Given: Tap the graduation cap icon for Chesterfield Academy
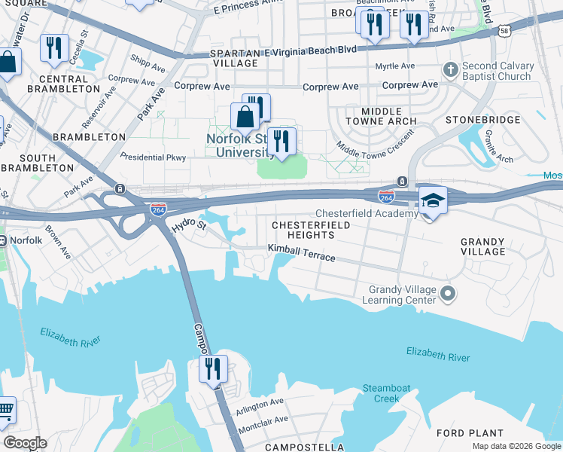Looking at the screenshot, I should tap(433, 200).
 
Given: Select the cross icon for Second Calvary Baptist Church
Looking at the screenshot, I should tap(450, 70).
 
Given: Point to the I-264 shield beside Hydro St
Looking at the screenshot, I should tap(158, 208).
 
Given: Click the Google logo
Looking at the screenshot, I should tap(25, 443).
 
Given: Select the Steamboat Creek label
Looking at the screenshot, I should tap(387, 392).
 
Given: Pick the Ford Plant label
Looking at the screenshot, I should tap(470, 433).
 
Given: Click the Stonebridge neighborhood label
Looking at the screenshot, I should tap(482, 120).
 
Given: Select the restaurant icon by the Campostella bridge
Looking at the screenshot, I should tap(213, 368).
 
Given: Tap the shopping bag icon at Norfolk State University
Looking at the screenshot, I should tap(245, 118).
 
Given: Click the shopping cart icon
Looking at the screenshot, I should tap(5, 411).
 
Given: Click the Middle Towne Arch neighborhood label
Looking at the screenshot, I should tap(380, 116).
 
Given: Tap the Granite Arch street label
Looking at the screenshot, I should tap(499, 150).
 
